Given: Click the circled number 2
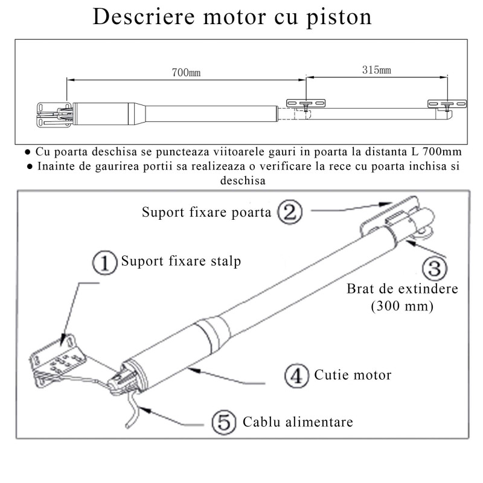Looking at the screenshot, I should (289, 212).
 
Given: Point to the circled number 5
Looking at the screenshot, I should (225, 421).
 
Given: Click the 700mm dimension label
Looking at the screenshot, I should (186, 72).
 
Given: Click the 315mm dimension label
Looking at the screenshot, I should (376, 70).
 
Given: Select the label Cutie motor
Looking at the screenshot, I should (352, 375).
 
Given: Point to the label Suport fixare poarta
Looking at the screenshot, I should (206, 213).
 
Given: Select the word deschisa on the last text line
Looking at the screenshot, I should (242, 181).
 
